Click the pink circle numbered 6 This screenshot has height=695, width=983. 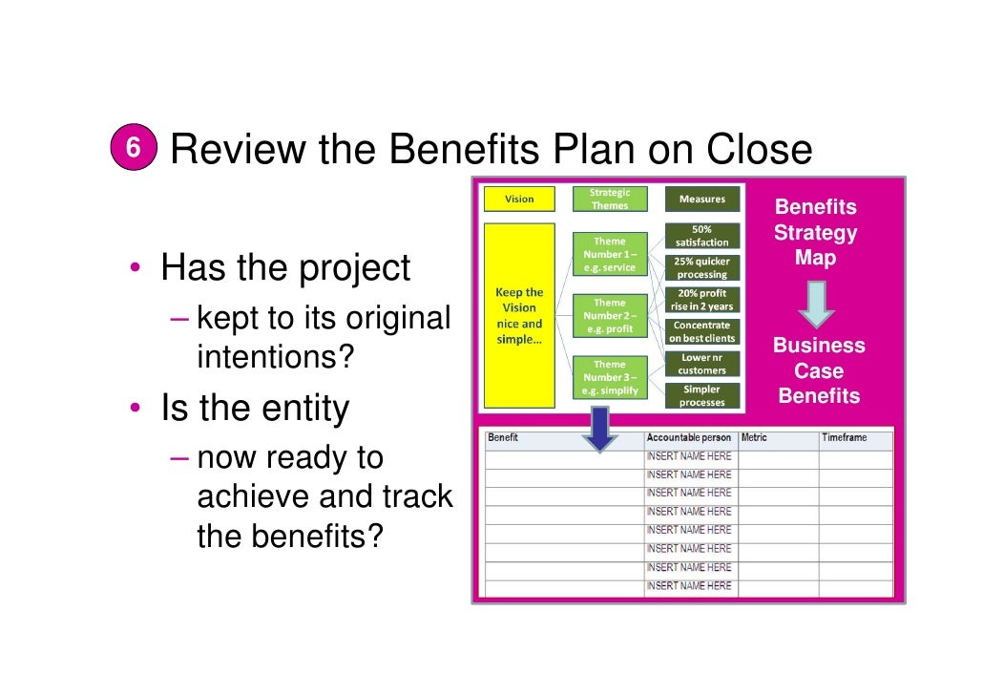pyautogui.click(x=134, y=149)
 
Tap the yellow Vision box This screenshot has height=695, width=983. pyautogui.click(x=520, y=200)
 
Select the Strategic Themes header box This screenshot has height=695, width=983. pyautogui.click(x=610, y=199)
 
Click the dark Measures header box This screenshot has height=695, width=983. pyautogui.click(x=701, y=200)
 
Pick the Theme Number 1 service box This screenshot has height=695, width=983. pyautogui.click(x=610, y=254)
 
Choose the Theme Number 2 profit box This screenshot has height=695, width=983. pyautogui.click(x=610, y=315)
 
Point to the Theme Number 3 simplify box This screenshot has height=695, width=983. pyautogui.click(x=610, y=377)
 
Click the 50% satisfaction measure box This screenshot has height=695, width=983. pyautogui.click(x=701, y=236)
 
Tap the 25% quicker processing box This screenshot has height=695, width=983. pyautogui.click(x=701, y=267)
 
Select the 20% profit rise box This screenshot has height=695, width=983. pyautogui.click(x=701, y=299)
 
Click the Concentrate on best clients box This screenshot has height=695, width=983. pyautogui.click(x=701, y=331)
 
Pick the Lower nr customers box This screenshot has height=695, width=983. pyautogui.click(x=701, y=364)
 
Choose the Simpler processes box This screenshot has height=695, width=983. pyautogui.click(x=701, y=395)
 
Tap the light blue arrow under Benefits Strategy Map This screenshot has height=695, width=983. pyautogui.click(x=816, y=305)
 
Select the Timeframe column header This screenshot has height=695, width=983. pyautogui.click(x=845, y=437)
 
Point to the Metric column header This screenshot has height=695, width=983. pyautogui.click(x=755, y=437)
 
